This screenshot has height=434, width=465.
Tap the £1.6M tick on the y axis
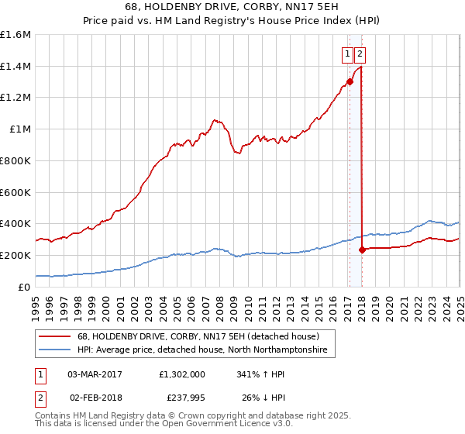tap(15, 35)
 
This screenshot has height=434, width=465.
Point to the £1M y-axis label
tap(20, 129)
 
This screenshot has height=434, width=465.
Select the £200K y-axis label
tap(15, 255)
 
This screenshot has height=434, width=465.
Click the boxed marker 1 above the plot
tap(348, 54)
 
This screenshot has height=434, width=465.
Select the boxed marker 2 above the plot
tap(361, 54)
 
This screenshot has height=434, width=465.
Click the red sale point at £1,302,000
tap(350, 81)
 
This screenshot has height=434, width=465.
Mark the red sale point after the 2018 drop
tap(362, 250)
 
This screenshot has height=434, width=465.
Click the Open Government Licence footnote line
tap(165, 424)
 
